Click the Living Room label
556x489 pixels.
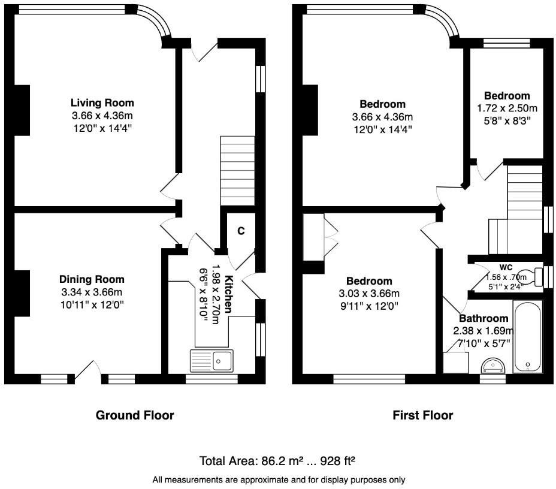pyautogui.click(x=102, y=103)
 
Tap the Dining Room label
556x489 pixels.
pyautogui.click(x=92, y=279)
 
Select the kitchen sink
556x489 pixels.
pyautogui.click(x=211, y=361)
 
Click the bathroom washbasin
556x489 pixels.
pyautogui.click(x=493, y=365)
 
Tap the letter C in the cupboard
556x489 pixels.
pyautogui.click(x=241, y=231)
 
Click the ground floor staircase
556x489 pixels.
pyautogui.click(x=238, y=171)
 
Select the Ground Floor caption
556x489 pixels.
pyautogui.click(x=135, y=415)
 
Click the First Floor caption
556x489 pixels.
pyautogui.click(x=422, y=415)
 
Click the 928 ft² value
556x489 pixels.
pyautogui.click(x=337, y=461)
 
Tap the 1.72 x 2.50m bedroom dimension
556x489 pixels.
pyautogui.click(x=507, y=108)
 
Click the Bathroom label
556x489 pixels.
pyautogui.click(x=484, y=318)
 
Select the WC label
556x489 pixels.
pyautogui.click(x=506, y=267)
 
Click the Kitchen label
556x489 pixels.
pyautogui.click(x=229, y=294)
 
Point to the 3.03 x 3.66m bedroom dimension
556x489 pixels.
pyautogui.click(x=369, y=294)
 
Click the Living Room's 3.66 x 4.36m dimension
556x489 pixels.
pyautogui.click(x=102, y=116)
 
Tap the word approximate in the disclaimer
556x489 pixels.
pyautogui.click(x=264, y=480)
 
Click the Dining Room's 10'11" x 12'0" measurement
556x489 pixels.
pyautogui.click(x=92, y=305)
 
